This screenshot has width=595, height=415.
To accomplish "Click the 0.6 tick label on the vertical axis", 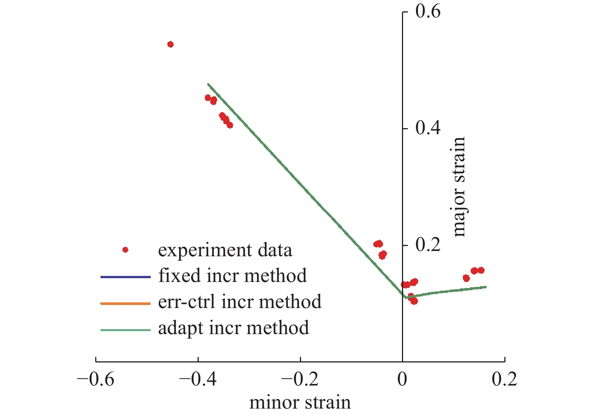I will pyautogui.click(x=428, y=12).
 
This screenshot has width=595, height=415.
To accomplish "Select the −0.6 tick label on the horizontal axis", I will pyautogui.click(x=96, y=379).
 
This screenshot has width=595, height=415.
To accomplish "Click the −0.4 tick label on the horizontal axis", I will pyautogui.click(x=198, y=379).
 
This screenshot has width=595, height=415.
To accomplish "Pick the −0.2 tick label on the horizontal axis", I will pyautogui.click(x=300, y=379).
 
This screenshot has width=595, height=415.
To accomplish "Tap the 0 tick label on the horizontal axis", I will pyautogui.click(x=403, y=379).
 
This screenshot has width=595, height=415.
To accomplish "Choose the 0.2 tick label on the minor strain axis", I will pyautogui.click(x=505, y=379).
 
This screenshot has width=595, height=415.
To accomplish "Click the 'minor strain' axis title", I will pyautogui.click(x=300, y=403).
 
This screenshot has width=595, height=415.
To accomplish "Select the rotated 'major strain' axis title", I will pyautogui.click(x=459, y=187).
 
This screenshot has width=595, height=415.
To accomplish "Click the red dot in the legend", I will pyautogui.click(x=125, y=250).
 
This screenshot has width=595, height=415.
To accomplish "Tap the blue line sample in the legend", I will pyautogui.click(x=125, y=277).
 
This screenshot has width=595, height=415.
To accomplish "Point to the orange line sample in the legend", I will pyautogui.click(x=125, y=303).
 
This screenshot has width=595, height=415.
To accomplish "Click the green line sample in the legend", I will pyautogui.click(x=125, y=330).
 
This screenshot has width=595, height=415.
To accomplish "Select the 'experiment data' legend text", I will pyautogui.click(x=225, y=251).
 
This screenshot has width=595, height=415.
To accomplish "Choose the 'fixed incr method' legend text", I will pyautogui.click(x=232, y=276).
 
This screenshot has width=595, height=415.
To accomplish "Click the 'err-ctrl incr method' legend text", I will pyautogui.click(x=240, y=302).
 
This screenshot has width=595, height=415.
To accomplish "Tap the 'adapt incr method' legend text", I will pyautogui.click(x=233, y=328).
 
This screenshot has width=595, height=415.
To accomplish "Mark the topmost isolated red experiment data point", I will pyautogui.click(x=170, y=44).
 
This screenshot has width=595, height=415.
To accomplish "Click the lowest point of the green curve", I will pyautogui.click(x=406, y=297).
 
